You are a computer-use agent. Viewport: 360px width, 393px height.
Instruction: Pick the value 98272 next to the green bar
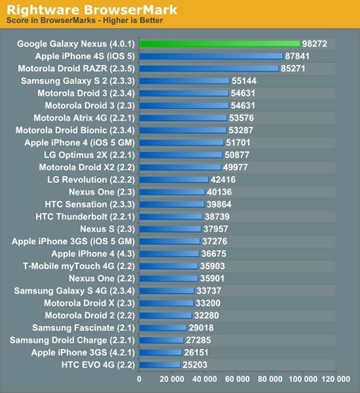[314, 45]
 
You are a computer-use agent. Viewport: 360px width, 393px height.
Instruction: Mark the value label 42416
[225, 179]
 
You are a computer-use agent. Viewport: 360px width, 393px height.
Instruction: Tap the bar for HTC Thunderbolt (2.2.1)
[170, 216]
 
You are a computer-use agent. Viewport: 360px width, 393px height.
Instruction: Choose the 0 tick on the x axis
[140, 379]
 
